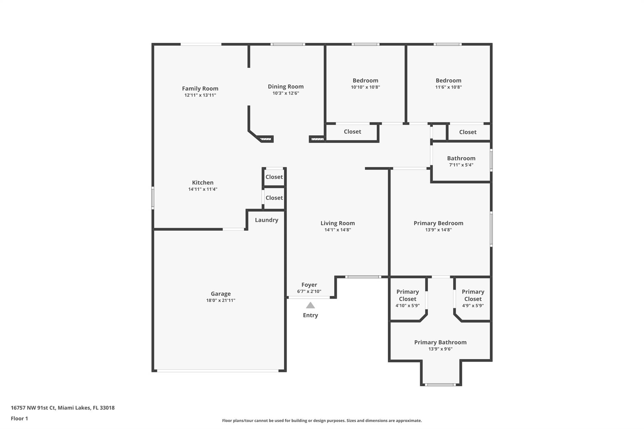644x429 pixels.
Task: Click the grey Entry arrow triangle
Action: [310, 305]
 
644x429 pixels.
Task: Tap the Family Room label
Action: [200, 89]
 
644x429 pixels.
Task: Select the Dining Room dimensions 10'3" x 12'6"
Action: [286, 93]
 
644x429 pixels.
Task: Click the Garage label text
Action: [220, 294]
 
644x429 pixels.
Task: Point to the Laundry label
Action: [266, 220]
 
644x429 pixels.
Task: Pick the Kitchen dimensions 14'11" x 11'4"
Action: [203, 189]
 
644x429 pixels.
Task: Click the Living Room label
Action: [337, 223]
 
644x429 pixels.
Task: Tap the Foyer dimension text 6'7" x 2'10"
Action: [309, 291]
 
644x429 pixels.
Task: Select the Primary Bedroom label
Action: [438, 223]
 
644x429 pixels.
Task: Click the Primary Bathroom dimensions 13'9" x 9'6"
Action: [440, 349]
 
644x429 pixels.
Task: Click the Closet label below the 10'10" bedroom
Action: [352, 132]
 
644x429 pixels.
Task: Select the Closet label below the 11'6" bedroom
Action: [468, 132]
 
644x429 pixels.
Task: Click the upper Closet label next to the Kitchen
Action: [274, 177]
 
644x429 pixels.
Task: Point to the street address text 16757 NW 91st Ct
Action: [63, 408]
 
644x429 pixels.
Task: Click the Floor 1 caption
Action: [19, 418]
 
